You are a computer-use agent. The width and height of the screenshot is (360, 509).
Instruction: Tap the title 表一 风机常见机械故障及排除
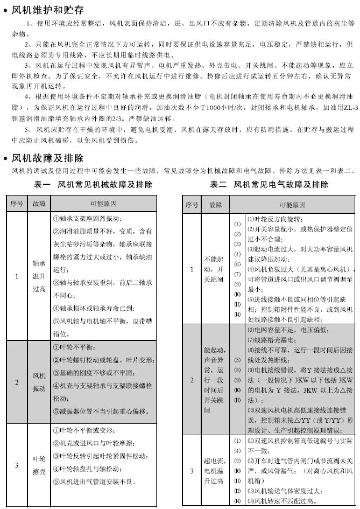click(x=93, y=184)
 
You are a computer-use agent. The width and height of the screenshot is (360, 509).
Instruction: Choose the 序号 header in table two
click(x=192, y=205)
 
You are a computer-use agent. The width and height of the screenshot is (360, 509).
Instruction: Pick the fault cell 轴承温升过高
click(x=39, y=276)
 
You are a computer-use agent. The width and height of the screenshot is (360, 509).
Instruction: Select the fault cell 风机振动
click(x=39, y=382)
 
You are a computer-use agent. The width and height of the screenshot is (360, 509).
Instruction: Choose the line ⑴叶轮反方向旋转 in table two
click(x=275, y=219)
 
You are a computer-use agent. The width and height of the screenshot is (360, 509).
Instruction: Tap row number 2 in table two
click(x=192, y=380)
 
